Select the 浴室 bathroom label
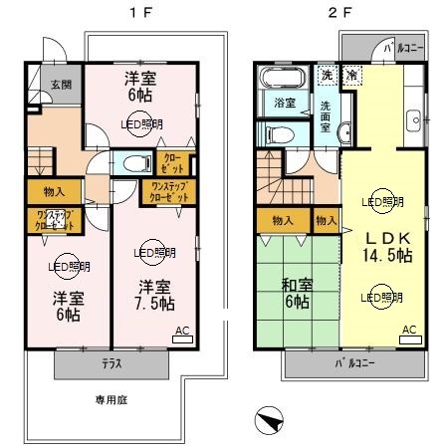coord(283,104)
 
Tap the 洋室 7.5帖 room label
coord(155,296)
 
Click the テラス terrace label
coord(111,363)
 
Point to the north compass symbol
coord(266,421)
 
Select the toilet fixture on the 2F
coord(278,133)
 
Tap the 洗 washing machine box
coord(327,75)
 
